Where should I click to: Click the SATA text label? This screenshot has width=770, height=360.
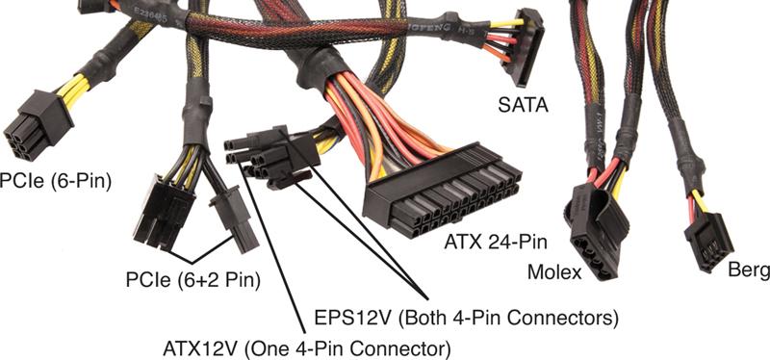pyautogui.click(x=523, y=103)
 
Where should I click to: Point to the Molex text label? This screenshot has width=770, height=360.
pyautogui.click(x=553, y=272)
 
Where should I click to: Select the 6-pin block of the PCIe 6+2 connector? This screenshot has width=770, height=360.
pyautogui.click(x=165, y=210)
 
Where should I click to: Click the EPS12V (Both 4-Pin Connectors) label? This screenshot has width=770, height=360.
pyautogui.click(x=467, y=315)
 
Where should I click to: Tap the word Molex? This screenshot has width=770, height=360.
pyautogui.click(x=553, y=272)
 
